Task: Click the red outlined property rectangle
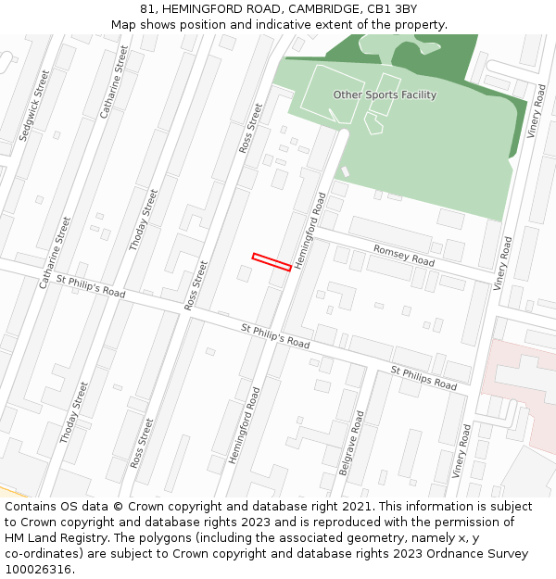coord(272,262)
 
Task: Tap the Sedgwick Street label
coord(35,106)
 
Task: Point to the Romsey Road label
coord(403,256)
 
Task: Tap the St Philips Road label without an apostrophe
coord(423,378)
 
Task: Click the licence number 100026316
coord(38,570)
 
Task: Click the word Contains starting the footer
coord(32,507)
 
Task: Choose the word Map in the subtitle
coord(123,25)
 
